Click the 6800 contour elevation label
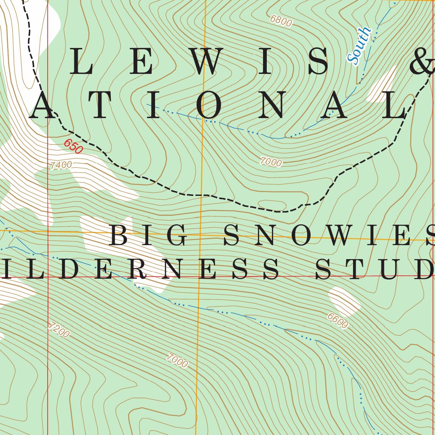pos(281,21)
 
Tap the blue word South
pos(359,46)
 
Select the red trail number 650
pos(73,147)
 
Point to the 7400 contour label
pos(61,165)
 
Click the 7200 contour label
pos(59,330)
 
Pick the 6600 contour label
pos(338,321)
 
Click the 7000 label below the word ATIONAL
pos(271,162)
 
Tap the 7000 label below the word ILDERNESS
pos(177,361)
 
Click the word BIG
pos(149,236)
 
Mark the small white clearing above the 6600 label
pos(344,301)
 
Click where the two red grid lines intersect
pos(48,277)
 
